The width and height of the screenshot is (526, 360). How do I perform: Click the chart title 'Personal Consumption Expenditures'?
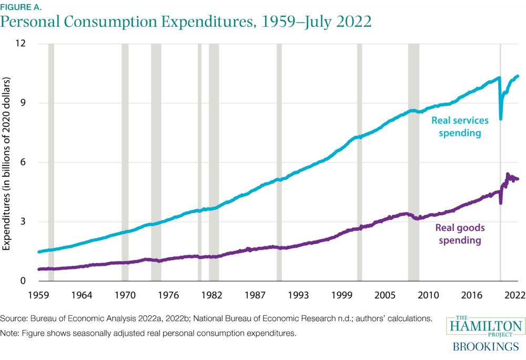(187, 22)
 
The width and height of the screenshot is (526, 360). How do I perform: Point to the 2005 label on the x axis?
(386, 295)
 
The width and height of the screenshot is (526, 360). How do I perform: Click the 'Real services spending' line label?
(460, 127)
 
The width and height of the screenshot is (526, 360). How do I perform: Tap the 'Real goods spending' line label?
(460, 234)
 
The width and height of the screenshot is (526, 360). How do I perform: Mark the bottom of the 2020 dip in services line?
(501, 119)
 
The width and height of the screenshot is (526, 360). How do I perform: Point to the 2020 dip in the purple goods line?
(501, 203)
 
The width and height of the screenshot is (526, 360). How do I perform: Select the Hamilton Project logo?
(484, 326)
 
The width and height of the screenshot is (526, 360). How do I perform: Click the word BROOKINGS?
(484, 347)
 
